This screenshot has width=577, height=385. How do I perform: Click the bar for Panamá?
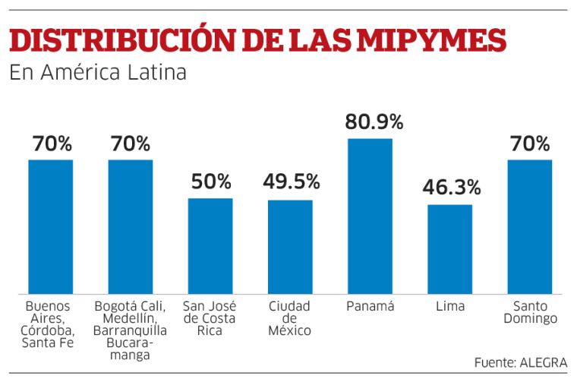(x=370, y=216)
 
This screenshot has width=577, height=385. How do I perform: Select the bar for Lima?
(x=450, y=249)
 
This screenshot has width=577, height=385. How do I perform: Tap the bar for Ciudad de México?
(x=290, y=247)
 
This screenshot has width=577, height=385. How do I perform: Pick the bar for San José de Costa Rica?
(x=210, y=246)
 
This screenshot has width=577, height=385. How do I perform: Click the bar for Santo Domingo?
(x=530, y=227)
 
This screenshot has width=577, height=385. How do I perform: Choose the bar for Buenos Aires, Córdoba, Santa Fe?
(x=51, y=227)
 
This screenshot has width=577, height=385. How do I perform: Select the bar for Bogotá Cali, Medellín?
(x=131, y=227)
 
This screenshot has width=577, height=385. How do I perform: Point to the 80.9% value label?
(x=374, y=121)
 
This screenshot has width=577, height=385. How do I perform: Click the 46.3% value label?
(x=452, y=187)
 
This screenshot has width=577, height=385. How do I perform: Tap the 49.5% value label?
(x=292, y=181)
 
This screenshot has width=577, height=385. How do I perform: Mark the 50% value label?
(x=211, y=181)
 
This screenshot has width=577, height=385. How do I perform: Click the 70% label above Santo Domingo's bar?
(x=530, y=144)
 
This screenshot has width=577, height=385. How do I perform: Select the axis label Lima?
(x=450, y=306)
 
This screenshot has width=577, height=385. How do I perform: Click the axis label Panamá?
(x=370, y=306)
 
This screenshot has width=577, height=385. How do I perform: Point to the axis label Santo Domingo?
(x=530, y=313)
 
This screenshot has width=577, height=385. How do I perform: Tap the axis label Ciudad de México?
(x=289, y=318)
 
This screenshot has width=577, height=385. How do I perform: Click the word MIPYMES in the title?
(x=432, y=40)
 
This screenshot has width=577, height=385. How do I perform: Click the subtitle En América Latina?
(x=98, y=72)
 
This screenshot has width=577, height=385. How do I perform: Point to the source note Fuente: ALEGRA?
(x=521, y=362)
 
